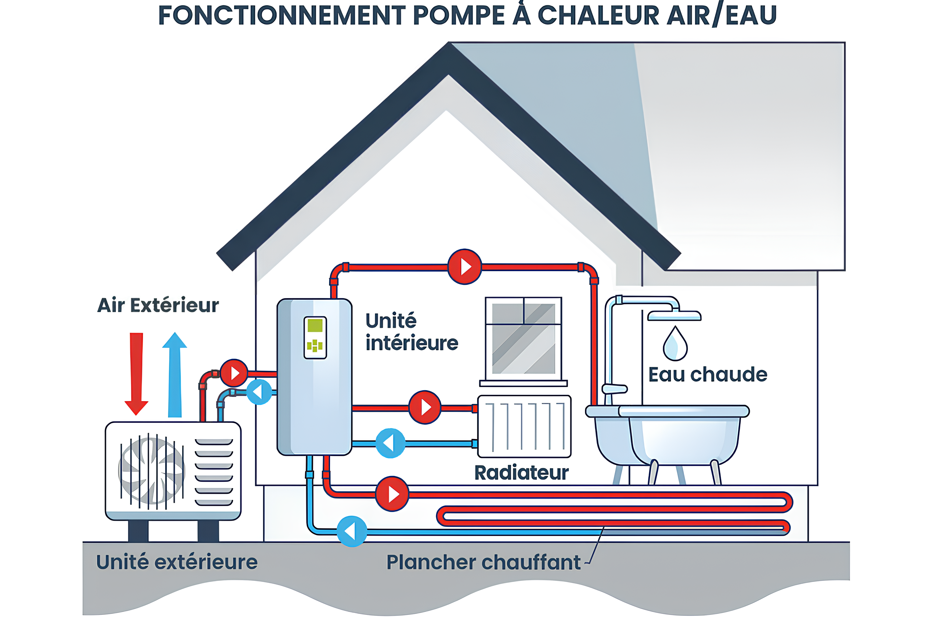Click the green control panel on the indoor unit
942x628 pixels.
coord(315,337)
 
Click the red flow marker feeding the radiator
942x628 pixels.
coord(425,407)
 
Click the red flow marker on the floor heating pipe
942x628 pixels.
coord(392,494)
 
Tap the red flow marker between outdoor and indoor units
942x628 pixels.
coord(234,373)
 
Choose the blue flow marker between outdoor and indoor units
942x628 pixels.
coord(259,392)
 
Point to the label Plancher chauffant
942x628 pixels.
coord(483,562)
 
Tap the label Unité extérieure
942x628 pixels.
coord(177,562)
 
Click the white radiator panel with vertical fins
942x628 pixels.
coord(524,427)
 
